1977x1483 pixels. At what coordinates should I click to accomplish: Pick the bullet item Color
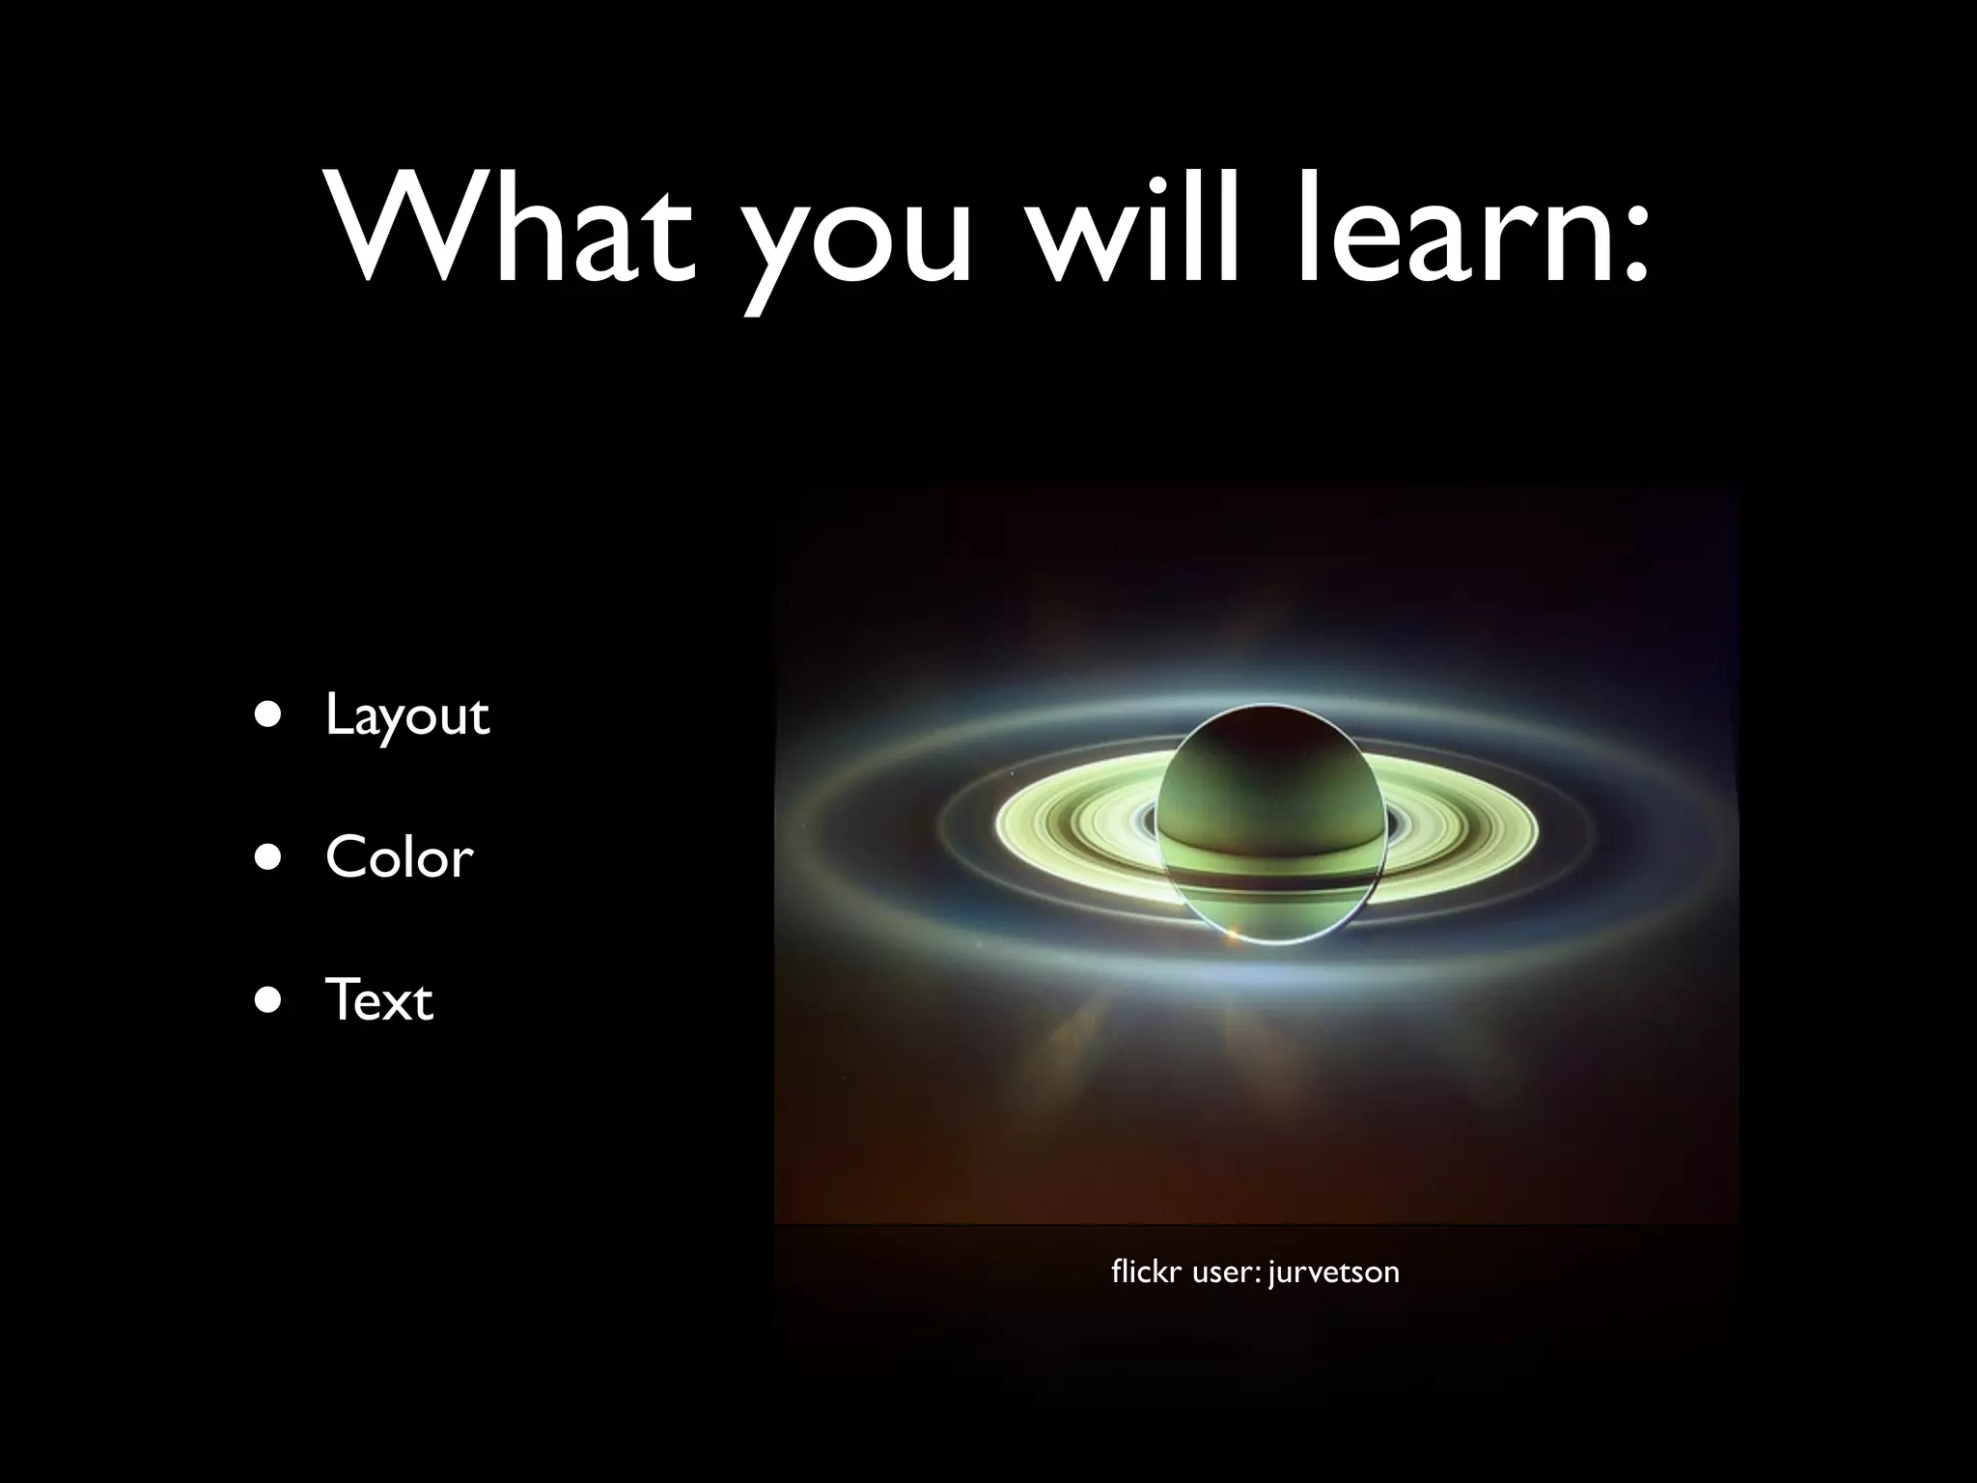tap(400, 857)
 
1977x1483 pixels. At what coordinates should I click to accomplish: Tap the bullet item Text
tap(378, 1000)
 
